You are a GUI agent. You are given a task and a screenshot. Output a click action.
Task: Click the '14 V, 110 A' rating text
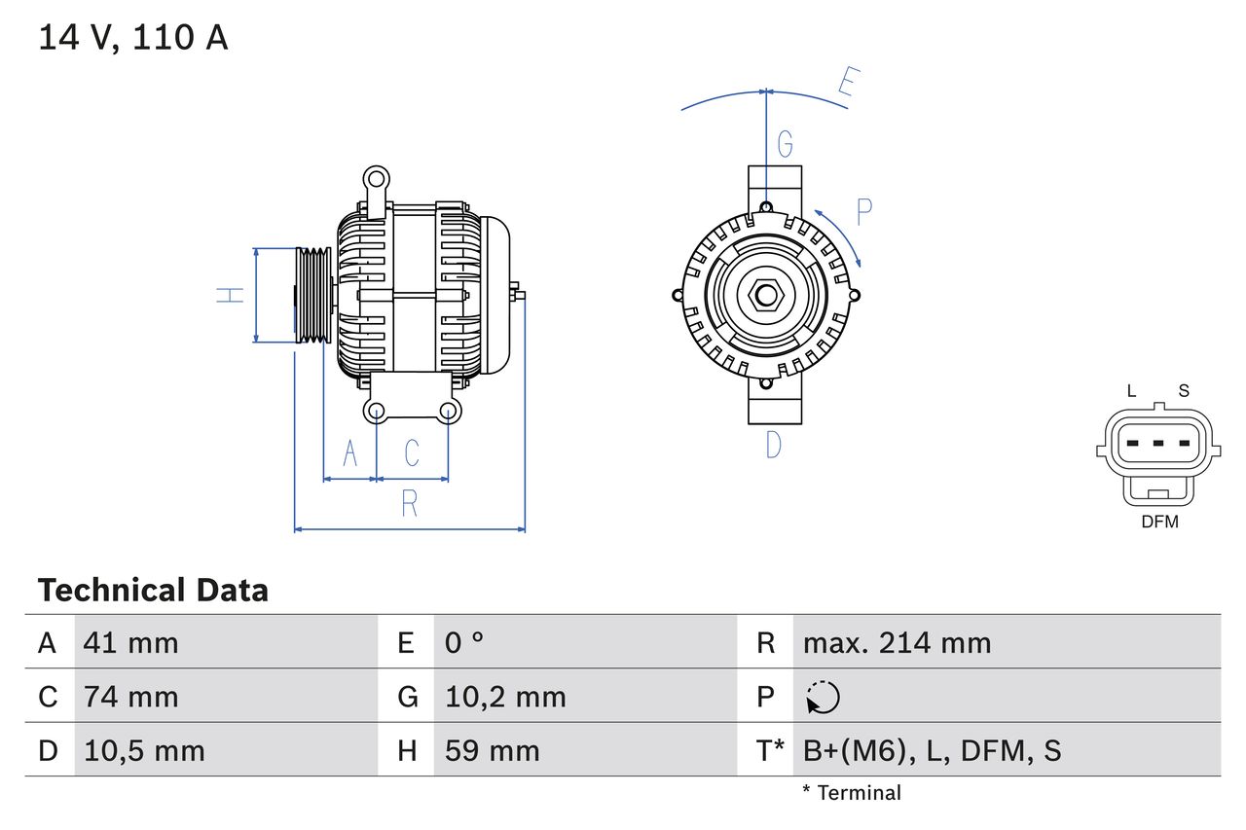pyautogui.click(x=132, y=38)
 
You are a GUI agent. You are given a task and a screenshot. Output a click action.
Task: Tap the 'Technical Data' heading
pyautogui.click(x=153, y=590)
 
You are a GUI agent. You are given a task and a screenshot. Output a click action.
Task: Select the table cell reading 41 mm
pyautogui.click(x=130, y=642)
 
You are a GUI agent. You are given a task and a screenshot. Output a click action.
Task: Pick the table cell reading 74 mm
pyautogui.click(x=130, y=697)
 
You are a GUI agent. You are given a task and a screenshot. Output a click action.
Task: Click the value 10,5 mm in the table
pyautogui.click(x=144, y=750)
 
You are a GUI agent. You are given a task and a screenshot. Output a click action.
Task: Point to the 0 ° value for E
pyautogui.click(x=464, y=642)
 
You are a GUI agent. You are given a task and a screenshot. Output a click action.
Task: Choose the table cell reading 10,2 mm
pyautogui.click(x=505, y=697)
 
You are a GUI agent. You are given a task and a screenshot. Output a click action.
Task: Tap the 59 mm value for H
pyautogui.click(x=492, y=750)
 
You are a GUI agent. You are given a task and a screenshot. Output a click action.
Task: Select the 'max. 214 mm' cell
pyautogui.click(x=897, y=642)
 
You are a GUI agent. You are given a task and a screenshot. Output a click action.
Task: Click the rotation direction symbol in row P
pyautogui.click(x=823, y=697)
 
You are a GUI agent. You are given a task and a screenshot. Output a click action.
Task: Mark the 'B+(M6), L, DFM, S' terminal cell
pyautogui.click(x=932, y=750)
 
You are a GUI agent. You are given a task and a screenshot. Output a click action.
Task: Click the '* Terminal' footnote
pyautogui.click(x=852, y=793)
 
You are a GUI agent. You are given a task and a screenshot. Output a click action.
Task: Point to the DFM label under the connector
pyautogui.click(x=1159, y=522)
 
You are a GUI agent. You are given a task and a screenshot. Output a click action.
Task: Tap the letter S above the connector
pyautogui.click(x=1184, y=391)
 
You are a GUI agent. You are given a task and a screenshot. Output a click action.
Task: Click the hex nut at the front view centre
pyautogui.click(x=766, y=295)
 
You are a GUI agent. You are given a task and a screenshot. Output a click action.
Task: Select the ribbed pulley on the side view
pyautogui.click(x=313, y=295)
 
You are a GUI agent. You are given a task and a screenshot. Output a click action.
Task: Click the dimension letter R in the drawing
pyautogui.click(x=410, y=504)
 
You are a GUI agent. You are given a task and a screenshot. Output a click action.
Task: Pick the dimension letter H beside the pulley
pyautogui.click(x=230, y=295)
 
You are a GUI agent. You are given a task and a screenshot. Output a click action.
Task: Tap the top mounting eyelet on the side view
pyautogui.click(x=375, y=178)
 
